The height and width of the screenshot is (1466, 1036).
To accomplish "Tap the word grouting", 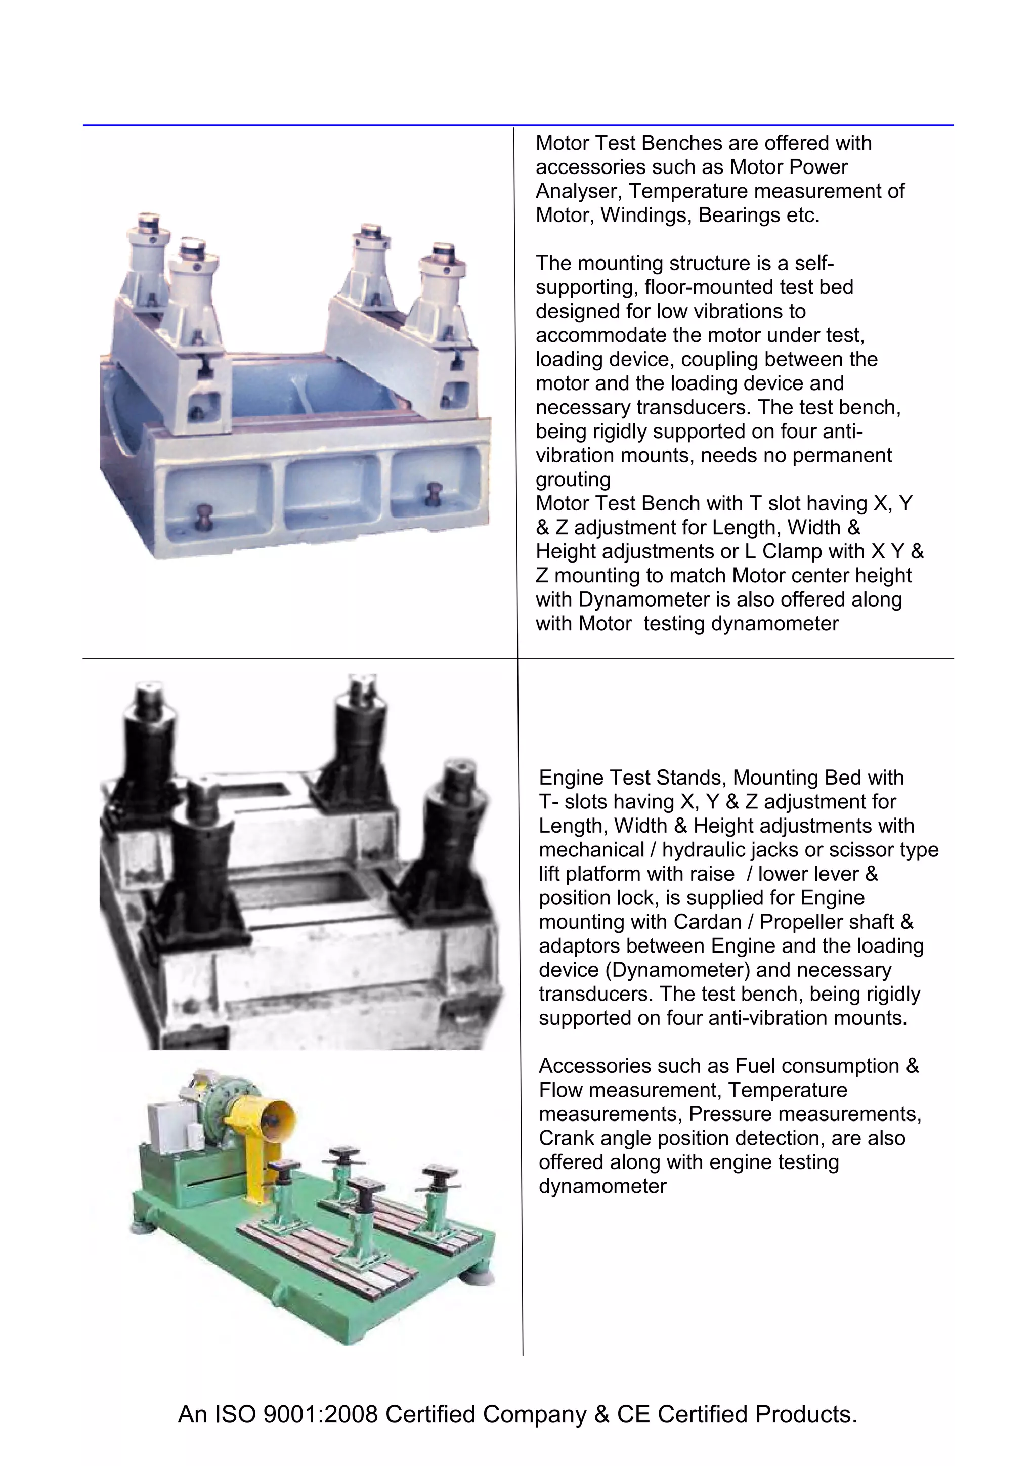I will click(573, 480).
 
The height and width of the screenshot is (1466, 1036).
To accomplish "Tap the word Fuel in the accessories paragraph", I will click(755, 1066).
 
